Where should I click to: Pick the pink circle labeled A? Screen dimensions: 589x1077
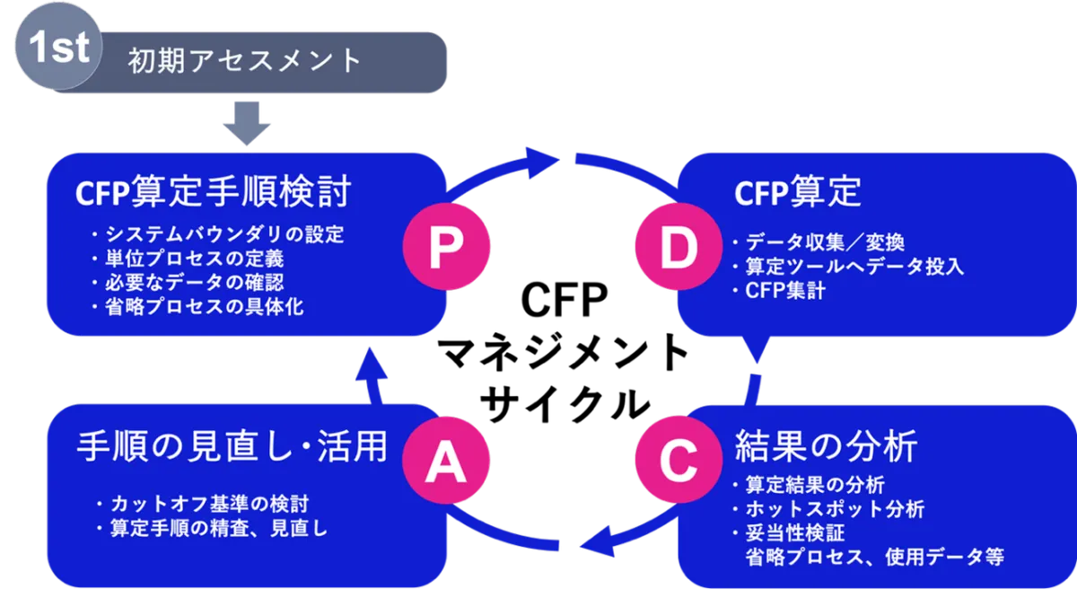pyautogui.click(x=444, y=461)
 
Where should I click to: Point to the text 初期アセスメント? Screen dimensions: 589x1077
pyautogui.click(x=245, y=61)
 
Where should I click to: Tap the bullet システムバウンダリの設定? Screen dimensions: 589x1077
pyautogui.click(x=217, y=235)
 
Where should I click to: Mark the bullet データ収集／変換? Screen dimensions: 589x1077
pyautogui.click(x=817, y=242)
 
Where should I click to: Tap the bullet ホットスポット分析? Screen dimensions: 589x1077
pyautogui.click(x=828, y=509)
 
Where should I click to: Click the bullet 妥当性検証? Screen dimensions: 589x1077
pyautogui.click(x=789, y=533)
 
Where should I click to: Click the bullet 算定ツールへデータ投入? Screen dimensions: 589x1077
pyautogui.click(x=847, y=267)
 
